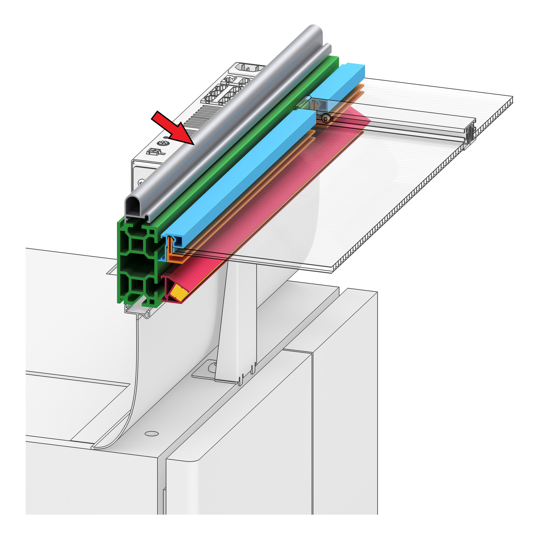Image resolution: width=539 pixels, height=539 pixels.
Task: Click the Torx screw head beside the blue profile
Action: [x=326, y=118]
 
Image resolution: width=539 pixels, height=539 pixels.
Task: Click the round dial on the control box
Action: [x=163, y=143]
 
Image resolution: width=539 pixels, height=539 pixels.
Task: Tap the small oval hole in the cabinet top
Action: [x=151, y=433]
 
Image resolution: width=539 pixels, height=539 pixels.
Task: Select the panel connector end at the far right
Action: [x=471, y=135]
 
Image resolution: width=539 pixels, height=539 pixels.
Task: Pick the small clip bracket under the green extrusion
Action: [x=137, y=311]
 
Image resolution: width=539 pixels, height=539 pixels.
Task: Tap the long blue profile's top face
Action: [x=244, y=172]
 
